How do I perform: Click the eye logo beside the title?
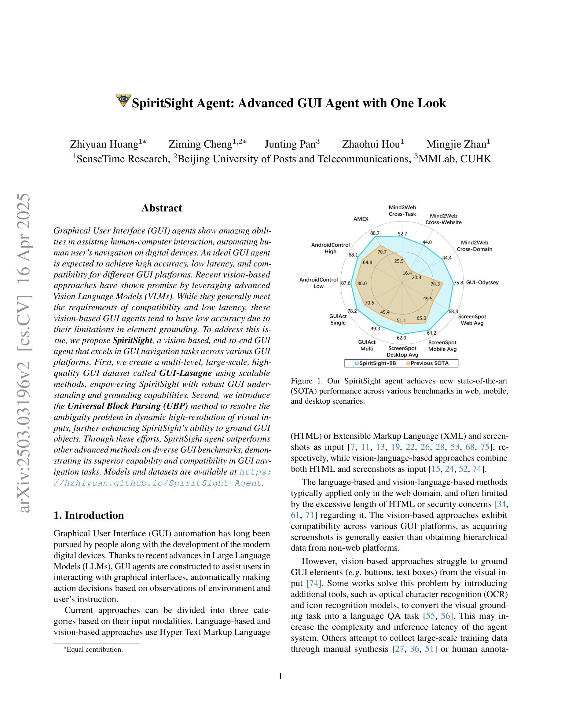(x=123, y=101)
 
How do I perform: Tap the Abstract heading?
(x=162, y=208)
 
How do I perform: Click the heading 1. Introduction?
(x=89, y=515)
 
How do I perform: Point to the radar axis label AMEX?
(x=361, y=219)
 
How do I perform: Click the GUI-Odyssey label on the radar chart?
(x=482, y=283)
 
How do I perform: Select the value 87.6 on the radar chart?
(x=346, y=283)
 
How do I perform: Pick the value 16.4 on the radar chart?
(x=407, y=273)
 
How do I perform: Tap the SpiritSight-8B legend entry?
(x=376, y=363)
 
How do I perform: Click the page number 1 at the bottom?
(x=280, y=676)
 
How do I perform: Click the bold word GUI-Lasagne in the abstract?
(x=185, y=373)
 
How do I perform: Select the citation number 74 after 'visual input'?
(x=313, y=583)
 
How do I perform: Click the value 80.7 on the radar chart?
(x=375, y=233)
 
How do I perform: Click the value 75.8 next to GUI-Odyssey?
(x=458, y=283)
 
